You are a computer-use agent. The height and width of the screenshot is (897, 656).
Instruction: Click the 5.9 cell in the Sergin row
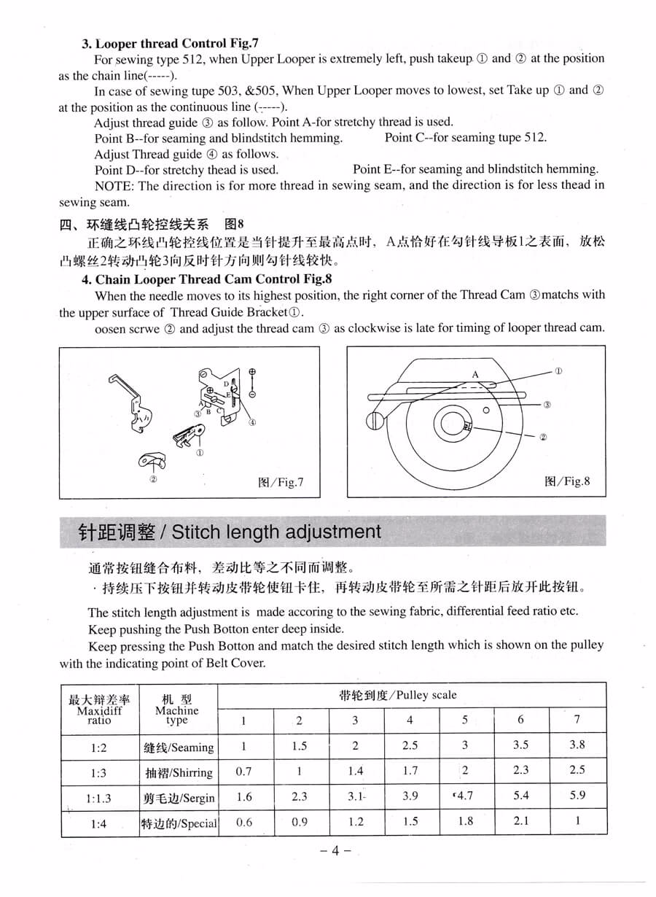coord(577,796)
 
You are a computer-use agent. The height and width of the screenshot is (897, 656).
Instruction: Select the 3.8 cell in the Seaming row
coord(577,745)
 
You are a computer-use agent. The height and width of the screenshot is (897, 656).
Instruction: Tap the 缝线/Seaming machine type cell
coord(179,747)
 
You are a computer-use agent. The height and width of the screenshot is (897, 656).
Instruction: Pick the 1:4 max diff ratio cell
coord(99,824)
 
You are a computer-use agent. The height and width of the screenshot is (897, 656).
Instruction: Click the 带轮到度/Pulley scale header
coord(398,695)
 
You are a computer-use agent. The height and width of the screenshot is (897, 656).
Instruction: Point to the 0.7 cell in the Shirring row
coord(244,771)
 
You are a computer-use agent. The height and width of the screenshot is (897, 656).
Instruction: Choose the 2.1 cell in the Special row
coord(520,821)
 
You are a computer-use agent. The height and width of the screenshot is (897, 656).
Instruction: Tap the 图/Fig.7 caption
coord(281,482)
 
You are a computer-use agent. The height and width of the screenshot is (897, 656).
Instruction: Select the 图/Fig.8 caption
coord(567,481)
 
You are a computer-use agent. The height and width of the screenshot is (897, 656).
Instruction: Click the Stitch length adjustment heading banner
coord(230,532)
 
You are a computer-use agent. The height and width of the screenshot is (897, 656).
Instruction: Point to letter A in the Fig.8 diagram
coord(475,374)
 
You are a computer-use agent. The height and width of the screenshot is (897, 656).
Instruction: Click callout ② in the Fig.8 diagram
coord(543,437)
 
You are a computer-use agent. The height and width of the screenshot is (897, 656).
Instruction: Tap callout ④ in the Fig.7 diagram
coord(252,422)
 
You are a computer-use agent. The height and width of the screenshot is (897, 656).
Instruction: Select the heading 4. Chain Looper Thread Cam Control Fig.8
coord(207,279)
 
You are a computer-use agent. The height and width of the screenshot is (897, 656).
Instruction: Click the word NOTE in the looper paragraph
coord(113,185)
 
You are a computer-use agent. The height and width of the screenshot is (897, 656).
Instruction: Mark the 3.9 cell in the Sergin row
coord(410,796)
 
